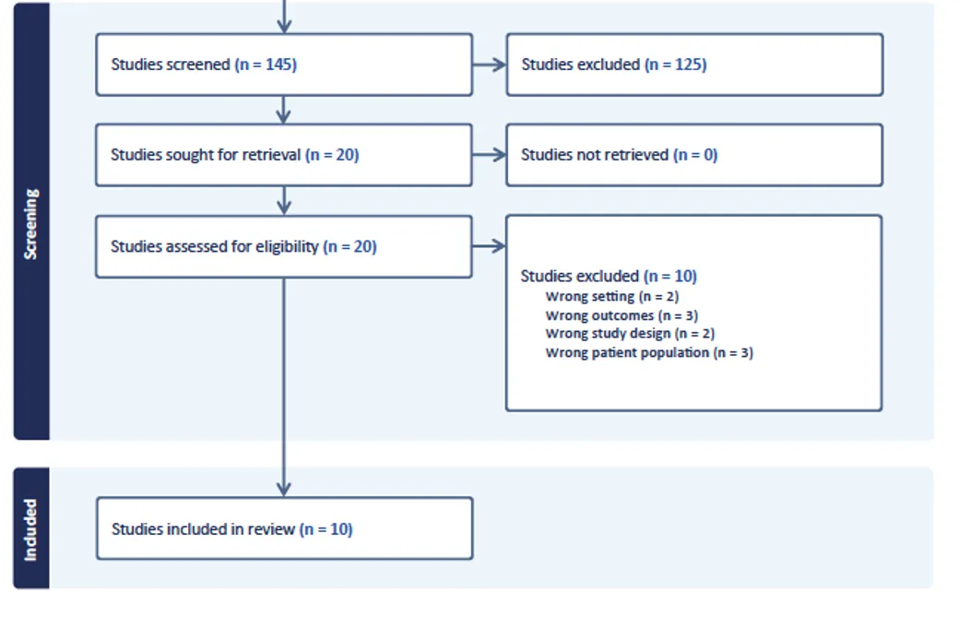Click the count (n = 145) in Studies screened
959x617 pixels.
coord(266,65)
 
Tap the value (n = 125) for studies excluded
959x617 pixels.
coord(675,65)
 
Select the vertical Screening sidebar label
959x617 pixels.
coord(30,224)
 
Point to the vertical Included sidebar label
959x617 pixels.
coord(30,529)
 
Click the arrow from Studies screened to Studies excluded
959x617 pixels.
coord(490,65)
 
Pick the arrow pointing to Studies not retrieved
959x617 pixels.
coord(490,155)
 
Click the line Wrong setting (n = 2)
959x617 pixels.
coord(612,297)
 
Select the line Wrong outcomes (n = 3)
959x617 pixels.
coord(622,315)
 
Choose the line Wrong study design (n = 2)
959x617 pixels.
coord(630,334)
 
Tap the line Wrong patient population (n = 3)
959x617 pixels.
coord(649,353)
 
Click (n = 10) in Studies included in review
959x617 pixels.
coord(326,529)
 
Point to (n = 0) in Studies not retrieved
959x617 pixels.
coord(695,155)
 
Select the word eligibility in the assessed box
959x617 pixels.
coord(287,247)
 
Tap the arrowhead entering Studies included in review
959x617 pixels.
coord(284,489)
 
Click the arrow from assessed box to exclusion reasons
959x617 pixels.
coord(490,246)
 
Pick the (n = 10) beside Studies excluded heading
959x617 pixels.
coord(670,277)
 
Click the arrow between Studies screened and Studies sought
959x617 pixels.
coord(284,110)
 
